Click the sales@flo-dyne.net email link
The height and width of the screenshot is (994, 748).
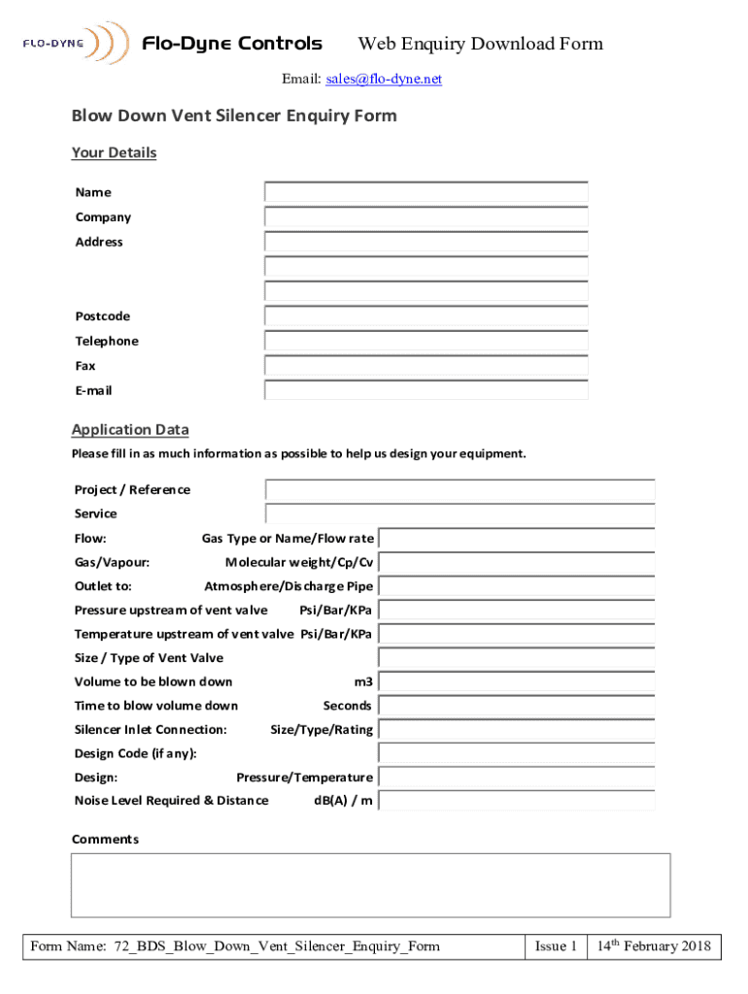point(386,79)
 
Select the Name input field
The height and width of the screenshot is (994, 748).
point(425,192)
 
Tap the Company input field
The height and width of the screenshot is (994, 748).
point(425,217)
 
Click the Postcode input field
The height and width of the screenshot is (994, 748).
point(425,316)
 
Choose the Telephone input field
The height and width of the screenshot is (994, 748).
point(425,341)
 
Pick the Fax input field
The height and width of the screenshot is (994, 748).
point(425,366)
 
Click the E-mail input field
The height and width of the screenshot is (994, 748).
point(425,390)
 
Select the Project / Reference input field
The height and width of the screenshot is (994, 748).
point(459,490)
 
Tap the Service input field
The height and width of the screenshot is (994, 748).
point(459,514)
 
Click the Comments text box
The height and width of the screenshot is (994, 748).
point(370,884)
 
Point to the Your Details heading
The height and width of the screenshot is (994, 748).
point(114,153)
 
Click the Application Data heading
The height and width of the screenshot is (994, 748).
point(130,430)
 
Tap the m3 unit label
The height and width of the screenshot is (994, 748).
point(363,681)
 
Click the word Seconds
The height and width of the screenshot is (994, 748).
point(347,706)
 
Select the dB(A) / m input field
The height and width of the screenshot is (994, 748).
point(516,801)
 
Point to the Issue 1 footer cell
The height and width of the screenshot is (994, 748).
point(557,946)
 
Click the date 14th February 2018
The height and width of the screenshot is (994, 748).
point(654,946)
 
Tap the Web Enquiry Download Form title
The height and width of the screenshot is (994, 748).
point(481,44)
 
